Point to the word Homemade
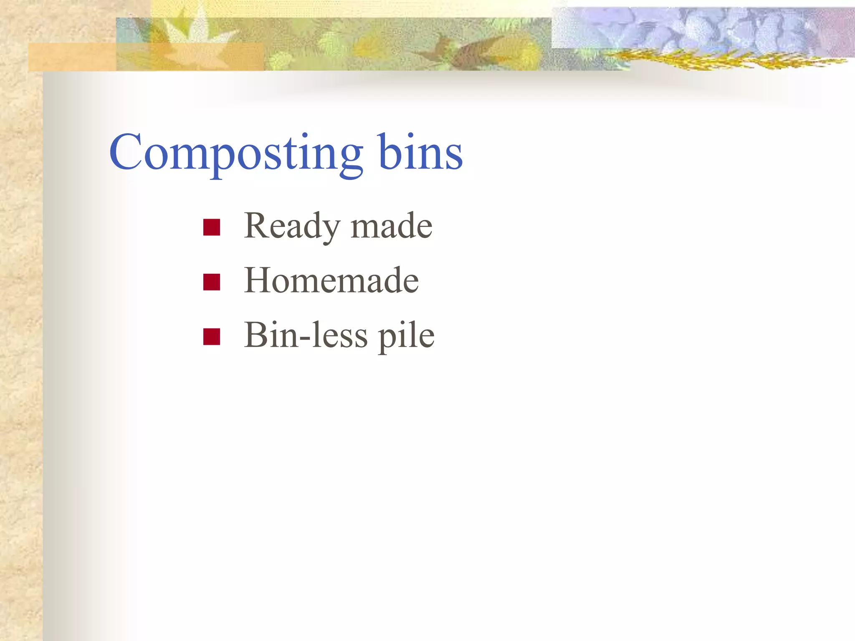tap(331, 280)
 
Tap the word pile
tap(406, 336)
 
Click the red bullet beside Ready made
tap(212, 227)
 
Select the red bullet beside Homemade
tap(212, 282)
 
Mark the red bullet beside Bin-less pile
tap(212, 337)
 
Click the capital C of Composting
tap(126, 152)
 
